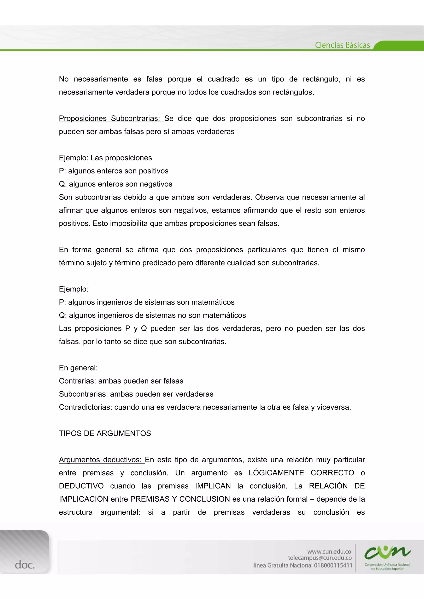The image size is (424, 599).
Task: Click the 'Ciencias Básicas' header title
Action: click(x=342, y=45)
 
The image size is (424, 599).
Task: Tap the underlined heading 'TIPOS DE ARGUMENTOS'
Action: click(x=105, y=433)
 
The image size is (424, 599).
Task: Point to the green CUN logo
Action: click(x=387, y=552)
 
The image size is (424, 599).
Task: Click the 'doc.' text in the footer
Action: click(x=25, y=565)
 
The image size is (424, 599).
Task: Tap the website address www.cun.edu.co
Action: click(x=329, y=551)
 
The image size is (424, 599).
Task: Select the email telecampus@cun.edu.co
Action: click(x=320, y=558)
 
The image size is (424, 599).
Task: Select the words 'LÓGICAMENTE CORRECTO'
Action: click(x=301, y=473)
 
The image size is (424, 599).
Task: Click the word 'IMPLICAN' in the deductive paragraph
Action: click(x=213, y=486)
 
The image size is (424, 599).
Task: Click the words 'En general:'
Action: click(x=78, y=368)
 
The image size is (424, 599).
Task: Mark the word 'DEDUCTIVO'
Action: click(x=81, y=486)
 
